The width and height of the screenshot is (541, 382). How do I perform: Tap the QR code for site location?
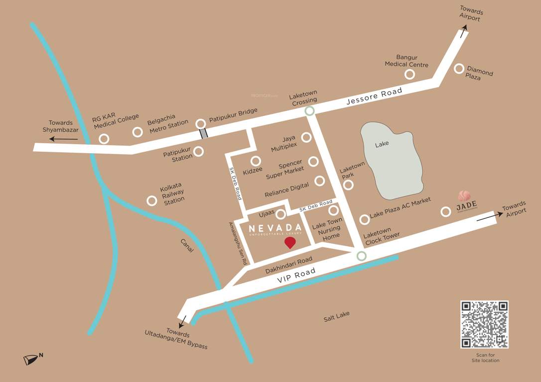tap(484, 324)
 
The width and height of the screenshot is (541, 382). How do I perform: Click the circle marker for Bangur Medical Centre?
tap(409, 74)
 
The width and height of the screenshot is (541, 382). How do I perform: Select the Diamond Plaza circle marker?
tap(459, 69)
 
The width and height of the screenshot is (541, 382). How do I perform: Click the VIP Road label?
tap(296, 278)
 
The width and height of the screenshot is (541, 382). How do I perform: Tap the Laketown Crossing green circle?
tap(310, 111)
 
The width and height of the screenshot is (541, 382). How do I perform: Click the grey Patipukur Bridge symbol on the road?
tap(203, 133)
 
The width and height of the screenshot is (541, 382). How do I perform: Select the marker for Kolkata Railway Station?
tap(152, 200)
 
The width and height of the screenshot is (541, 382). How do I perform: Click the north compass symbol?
tap(33, 359)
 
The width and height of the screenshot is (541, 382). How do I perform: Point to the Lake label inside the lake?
tap(382, 144)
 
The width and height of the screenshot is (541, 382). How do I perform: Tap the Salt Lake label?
tap(336, 316)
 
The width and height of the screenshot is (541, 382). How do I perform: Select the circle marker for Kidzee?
tap(256, 161)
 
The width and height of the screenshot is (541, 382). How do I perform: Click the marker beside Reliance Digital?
tap(320, 181)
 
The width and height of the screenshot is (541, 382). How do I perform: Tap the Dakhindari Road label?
tap(288, 265)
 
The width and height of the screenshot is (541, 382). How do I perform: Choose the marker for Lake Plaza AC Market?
tap(365, 219)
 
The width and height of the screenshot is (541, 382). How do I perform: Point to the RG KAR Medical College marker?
tap(104, 139)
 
